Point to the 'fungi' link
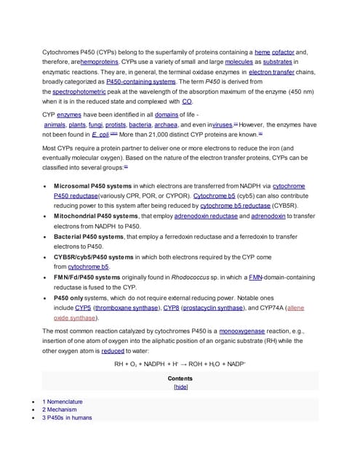(x=96, y=125)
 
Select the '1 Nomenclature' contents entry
(x=63, y=401)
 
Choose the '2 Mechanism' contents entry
(x=60, y=409)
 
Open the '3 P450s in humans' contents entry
(x=67, y=417)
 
